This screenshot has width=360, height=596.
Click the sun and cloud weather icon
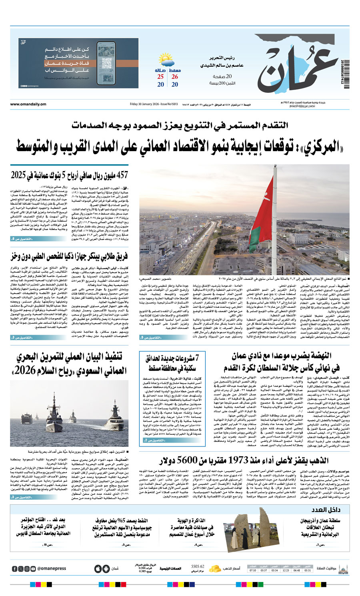click(x=166, y=61)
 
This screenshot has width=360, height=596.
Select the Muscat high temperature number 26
click(x=175, y=77)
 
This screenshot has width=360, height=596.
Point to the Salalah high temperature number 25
click(x=160, y=77)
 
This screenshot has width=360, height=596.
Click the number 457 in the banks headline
click(x=120, y=175)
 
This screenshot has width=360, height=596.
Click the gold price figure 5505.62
click(x=198, y=566)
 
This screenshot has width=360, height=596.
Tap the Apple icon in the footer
click(x=98, y=568)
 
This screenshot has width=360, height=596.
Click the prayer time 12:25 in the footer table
click(x=286, y=570)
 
